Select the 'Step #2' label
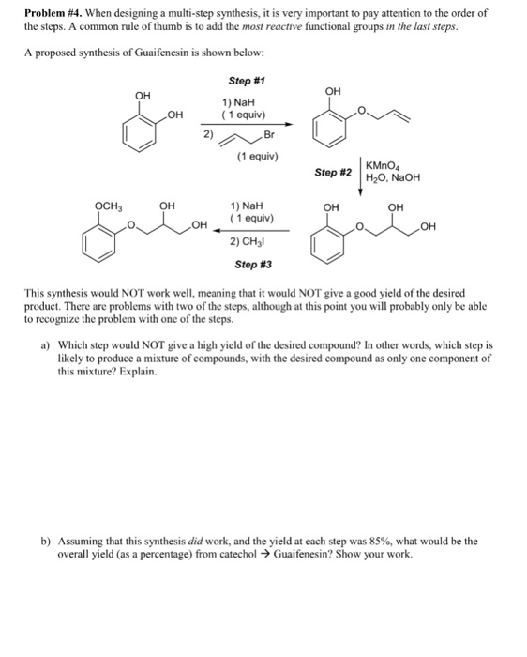pyautogui.click(x=333, y=173)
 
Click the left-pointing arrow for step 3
pyautogui.click(x=246, y=228)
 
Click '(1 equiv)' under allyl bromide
pyautogui.click(x=260, y=156)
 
